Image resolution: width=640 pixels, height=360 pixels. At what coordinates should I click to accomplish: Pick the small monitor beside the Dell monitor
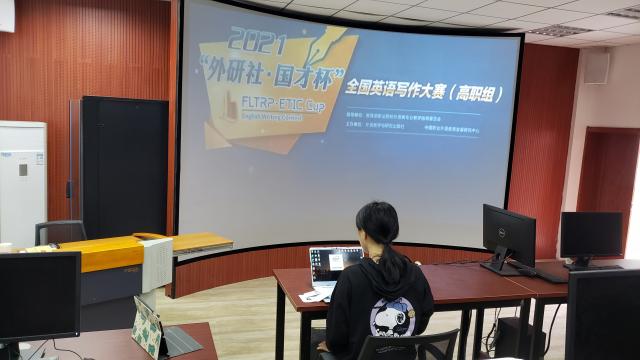pyautogui.click(x=590, y=237)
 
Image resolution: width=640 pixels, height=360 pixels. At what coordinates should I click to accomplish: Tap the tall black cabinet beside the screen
pyautogui.click(x=124, y=165)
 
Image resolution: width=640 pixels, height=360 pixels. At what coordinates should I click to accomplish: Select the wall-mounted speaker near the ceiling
pyautogui.click(x=595, y=67)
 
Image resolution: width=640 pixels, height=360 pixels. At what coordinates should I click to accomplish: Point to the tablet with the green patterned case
pyautogui.click(x=148, y=326)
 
